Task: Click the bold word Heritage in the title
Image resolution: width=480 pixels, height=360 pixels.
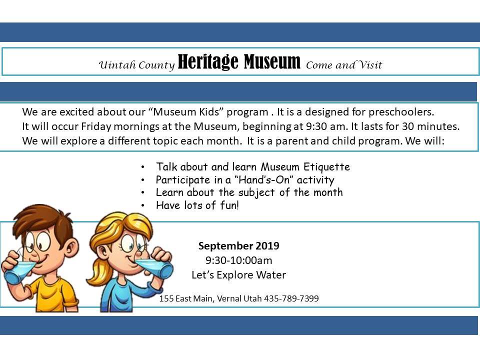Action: (x=208, y=62)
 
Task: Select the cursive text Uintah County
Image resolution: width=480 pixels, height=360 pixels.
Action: (x=136, y=65)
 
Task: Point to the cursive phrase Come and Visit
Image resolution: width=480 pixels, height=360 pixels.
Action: (x=344, y=64)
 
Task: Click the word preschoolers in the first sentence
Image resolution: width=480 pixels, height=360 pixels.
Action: (x=401, y=112)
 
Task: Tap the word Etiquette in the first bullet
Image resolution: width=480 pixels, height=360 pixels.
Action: (x=326, y=167)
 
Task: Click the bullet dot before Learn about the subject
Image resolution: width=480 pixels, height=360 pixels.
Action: (x=142, y=192)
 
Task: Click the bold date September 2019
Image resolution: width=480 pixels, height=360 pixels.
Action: (x=239, y=245)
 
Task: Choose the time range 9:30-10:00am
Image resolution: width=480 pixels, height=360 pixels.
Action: (x=239, y=260)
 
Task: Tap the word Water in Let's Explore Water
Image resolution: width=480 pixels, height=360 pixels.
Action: (x=271, y=274)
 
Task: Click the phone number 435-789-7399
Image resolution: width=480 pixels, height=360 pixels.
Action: (x=291, y=298)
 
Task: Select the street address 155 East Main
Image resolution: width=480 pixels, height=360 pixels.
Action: (x=186, y=298)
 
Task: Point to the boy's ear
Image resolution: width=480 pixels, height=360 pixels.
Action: (x=71, y=247)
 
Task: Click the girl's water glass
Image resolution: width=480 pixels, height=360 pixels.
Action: (x=155, y=268)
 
